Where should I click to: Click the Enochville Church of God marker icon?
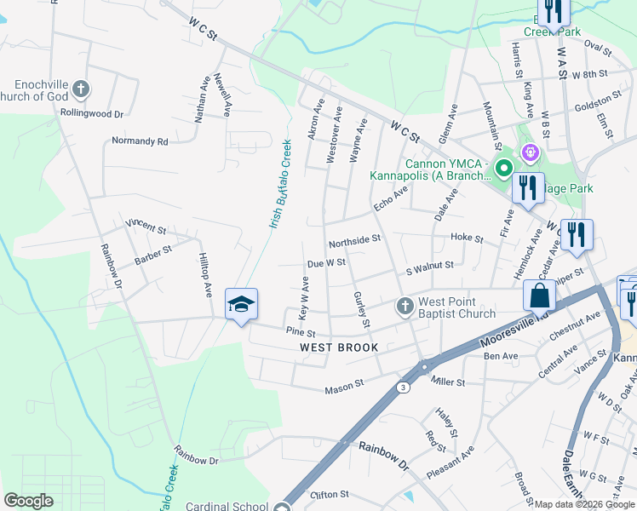tap(80, 88)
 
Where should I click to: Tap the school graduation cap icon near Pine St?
tap(241, 303)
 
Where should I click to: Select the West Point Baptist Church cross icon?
tap(405, 306)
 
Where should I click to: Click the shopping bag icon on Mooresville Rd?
tap(540, 296)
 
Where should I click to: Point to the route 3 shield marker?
tap(401, 387)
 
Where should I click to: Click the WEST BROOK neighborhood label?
tap(339, 347)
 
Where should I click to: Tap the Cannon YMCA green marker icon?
tap(504, 168)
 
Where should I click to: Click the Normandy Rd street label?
tap(140, 141)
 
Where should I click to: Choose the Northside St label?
tap(354, 241)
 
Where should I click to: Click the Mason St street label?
tap(344, 390)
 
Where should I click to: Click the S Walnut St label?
tap(429, 266)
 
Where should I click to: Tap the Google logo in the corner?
tap(28, 501)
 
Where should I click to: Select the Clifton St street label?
tap(330, 494)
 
